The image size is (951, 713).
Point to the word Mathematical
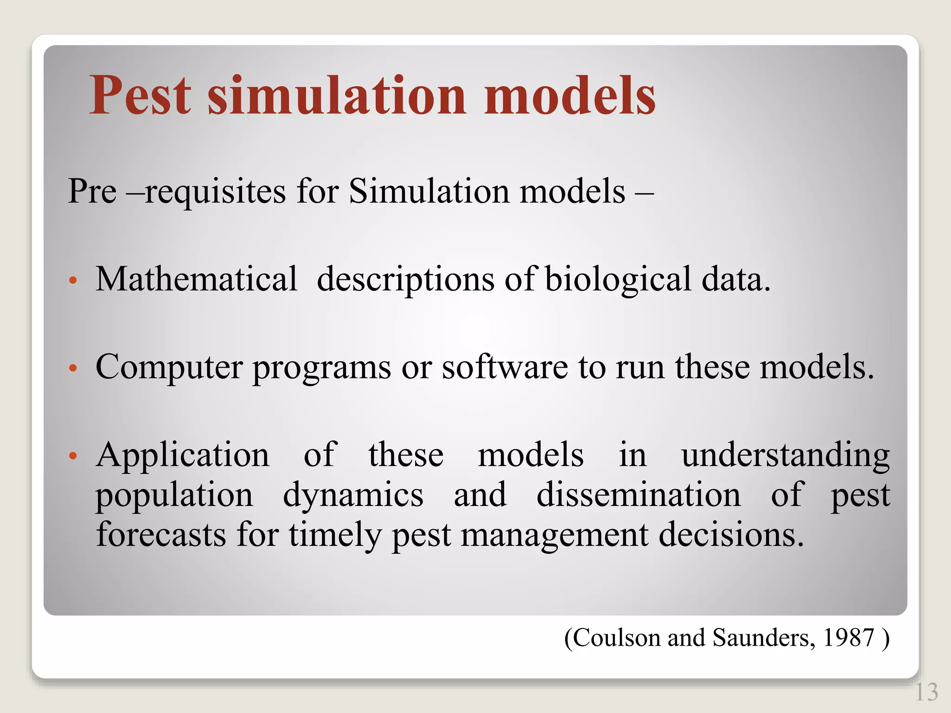(196, 279)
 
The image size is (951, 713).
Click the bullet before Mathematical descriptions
(72, 281)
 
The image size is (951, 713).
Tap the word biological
(618, 279)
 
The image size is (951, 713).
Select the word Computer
(169, 367)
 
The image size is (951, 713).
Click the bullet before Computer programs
(72, 369)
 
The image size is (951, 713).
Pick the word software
(504, 367)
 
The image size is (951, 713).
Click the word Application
(182, 455)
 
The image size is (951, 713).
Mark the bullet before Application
(72, 456)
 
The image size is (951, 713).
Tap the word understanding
(785, 455)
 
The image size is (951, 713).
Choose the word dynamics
(353, 495)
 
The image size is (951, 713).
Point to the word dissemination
(638, 495)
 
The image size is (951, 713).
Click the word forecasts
(161, 534)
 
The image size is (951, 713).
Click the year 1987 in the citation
(848, 638)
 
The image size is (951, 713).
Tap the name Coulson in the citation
(617, 638)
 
